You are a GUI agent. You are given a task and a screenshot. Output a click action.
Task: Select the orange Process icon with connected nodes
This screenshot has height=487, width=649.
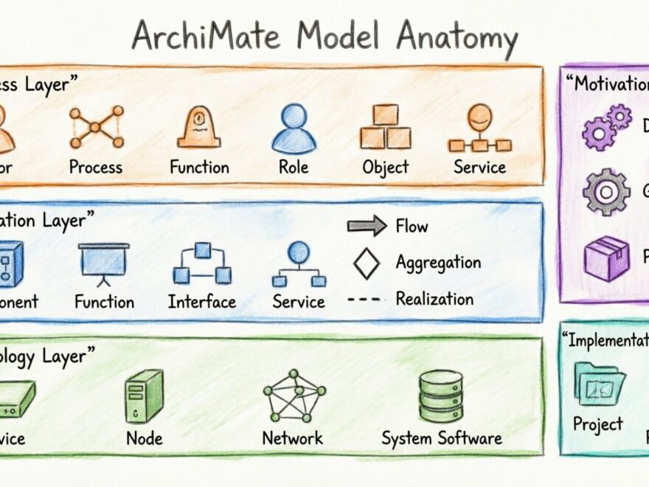coord(96,127)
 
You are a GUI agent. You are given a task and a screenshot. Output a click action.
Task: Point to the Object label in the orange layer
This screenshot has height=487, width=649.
coord(385,167)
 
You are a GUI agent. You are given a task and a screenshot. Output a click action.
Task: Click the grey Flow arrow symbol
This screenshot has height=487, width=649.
coord(367,226)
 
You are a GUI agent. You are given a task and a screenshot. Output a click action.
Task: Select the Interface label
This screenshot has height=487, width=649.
coord(202,301)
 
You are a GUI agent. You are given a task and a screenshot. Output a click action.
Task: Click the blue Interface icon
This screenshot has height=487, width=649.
coord(202,264)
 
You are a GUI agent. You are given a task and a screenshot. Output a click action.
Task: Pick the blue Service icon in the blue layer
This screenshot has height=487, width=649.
coord(299,263)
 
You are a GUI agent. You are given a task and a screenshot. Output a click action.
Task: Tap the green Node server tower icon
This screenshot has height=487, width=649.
coord(143,396)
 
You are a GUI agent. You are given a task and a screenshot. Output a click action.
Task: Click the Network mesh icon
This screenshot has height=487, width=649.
coord(293,396)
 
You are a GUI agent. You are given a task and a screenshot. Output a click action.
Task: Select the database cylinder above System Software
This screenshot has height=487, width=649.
coord(441,396)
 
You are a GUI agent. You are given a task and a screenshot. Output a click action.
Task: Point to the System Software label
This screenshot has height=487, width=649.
coord(441,438)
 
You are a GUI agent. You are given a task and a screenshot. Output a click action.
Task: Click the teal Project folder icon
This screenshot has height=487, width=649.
coord(599,384)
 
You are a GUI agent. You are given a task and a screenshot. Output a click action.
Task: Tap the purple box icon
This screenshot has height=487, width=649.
coord(606,258)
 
